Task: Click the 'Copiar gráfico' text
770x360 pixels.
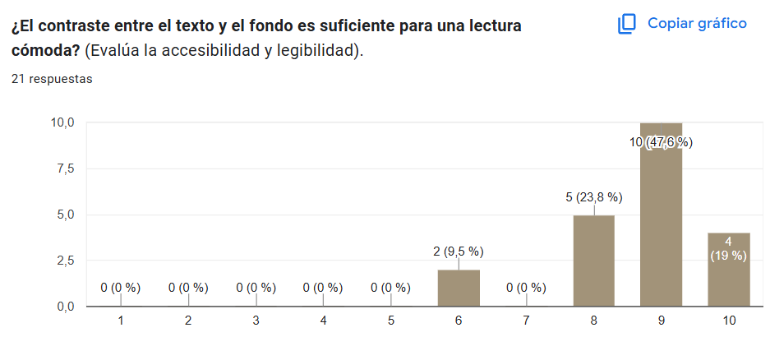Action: coord(697,23)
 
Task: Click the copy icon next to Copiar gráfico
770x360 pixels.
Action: coord(627,24)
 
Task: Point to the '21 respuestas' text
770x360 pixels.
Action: coord(52,80)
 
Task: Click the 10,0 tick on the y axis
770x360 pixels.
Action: coord(63,122)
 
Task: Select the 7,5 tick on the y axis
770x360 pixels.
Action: coord(66,168)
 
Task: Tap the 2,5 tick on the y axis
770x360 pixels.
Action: coord(66,261)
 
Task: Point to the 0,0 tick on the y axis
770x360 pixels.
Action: coord(66,307)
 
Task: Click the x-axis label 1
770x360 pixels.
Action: coord(121,321)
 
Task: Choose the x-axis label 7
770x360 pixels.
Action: coord(526,321)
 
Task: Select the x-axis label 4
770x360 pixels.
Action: coord(323,321)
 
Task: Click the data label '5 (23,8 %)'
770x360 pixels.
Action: coord(593,197)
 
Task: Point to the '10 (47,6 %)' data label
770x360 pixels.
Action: coord(661,142)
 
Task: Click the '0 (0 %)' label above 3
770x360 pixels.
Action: coord(256,288)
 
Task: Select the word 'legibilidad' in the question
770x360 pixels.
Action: coord(316,50)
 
